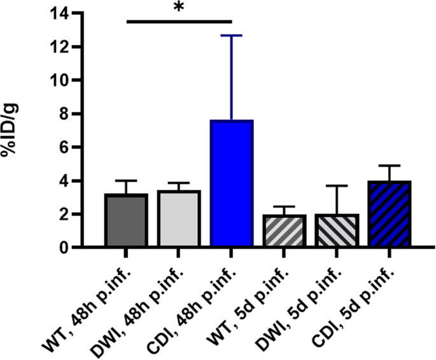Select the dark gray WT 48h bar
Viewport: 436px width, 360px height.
tap(126, 220)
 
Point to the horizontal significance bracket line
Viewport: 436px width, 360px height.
tap(178, 21)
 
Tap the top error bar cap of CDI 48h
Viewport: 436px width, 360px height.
tap(231, 36)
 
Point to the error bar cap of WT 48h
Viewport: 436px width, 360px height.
tap(126, 180)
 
